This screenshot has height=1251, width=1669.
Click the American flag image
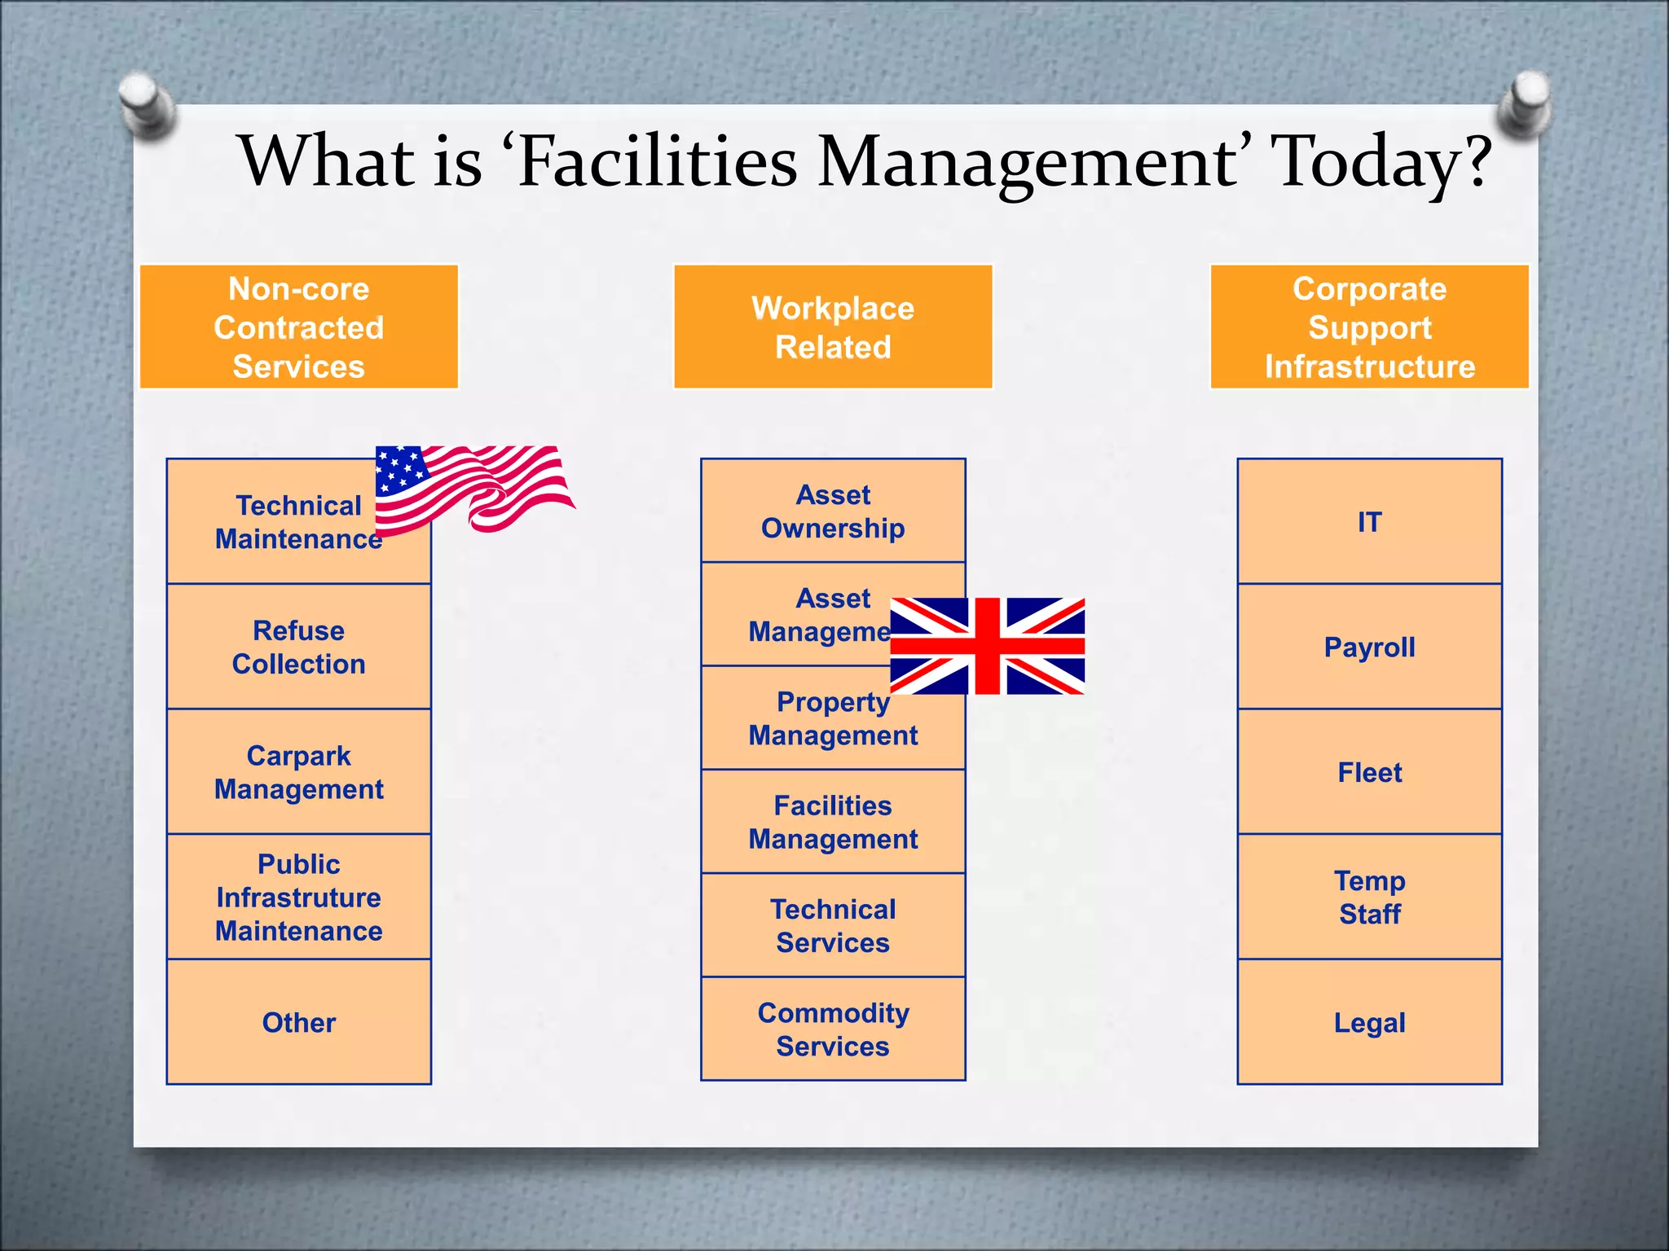coord(473,487)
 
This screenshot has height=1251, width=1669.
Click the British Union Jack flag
coord(987,646)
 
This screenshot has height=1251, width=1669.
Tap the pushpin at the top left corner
coord(147,103)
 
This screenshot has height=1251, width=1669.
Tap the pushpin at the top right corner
coord(1523,102)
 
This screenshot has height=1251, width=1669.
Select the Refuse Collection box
coord(298,647)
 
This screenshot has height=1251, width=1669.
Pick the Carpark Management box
coord(298,772)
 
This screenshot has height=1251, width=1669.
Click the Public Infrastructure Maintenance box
coord(298,897)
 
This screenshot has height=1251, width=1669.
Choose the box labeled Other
coord(298,1022)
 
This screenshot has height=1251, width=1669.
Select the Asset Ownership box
coord(833,511)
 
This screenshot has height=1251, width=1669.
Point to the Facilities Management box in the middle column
coord(833,822)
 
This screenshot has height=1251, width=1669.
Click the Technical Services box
coord(833,925)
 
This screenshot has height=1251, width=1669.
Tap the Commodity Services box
coord(833,1029)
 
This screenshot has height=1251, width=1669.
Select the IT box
coord(1369,521)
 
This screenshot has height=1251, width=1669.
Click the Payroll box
coord(1369,647)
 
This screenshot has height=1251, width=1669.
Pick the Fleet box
coord(1369,772)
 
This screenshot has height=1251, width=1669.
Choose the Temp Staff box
coord(1369,897)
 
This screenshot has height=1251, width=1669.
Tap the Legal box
coord(1369,1022)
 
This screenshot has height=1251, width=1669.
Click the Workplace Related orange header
coord(833,327)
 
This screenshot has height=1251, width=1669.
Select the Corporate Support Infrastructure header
coord(1369,327)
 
